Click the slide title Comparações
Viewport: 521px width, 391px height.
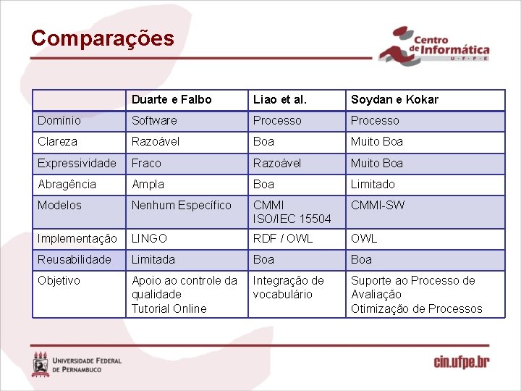(x=102, y=38)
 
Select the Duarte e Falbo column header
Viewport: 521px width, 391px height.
(x=171, y=99)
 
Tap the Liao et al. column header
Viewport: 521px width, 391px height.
(x=279, y=99)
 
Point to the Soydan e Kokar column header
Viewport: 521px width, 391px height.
(x=394, y=99)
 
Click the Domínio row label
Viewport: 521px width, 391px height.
(x=59, y=120)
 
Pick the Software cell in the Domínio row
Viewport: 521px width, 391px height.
(x=154, y=120)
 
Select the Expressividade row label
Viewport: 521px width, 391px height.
(x=77, y=163)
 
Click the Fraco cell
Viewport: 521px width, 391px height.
(x=146, y=163)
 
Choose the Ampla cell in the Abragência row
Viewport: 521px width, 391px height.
(x=148, y=184)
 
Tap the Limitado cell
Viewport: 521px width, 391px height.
(x=373, y=184)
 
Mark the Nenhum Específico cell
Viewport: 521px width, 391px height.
(x=181, y=205)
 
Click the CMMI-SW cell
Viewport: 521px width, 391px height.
(x=378, y=205)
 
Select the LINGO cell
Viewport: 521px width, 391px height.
(x=149, y=238)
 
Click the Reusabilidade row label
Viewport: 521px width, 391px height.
(x=75, y=259)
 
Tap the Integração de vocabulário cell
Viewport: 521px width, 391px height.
(x=288, y=287)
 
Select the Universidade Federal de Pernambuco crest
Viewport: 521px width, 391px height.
(x=41, y=363)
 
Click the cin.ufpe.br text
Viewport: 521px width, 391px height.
(x=461, y=361)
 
